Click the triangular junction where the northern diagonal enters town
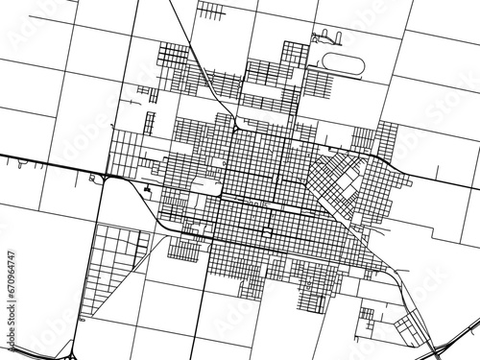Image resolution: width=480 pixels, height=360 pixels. (236, 125)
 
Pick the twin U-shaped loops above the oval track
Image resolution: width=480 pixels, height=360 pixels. (326, 39)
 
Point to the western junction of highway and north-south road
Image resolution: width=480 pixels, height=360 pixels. (106, 178)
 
